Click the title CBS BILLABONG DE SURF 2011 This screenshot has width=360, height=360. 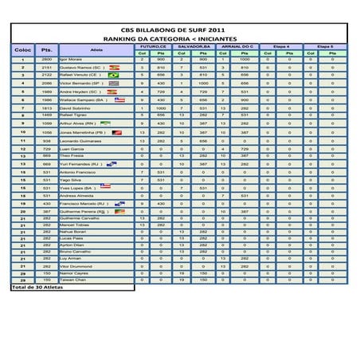tap(179, 29)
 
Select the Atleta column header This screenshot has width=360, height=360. tap(96, 50)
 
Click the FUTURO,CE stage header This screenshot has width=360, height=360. tap(151, 47)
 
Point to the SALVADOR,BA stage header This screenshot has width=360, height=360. tap(194, 47)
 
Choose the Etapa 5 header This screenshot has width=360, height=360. tap(326, 47)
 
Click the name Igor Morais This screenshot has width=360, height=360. tap(72, 60)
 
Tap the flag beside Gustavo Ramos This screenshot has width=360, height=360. tap(114, 68)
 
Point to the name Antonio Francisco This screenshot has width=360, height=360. tap(79, 172)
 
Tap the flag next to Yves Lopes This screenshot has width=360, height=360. tap(105, 188)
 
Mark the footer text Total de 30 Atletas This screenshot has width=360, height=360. tap(37, 288)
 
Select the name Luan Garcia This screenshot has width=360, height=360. tap(72, 148)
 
